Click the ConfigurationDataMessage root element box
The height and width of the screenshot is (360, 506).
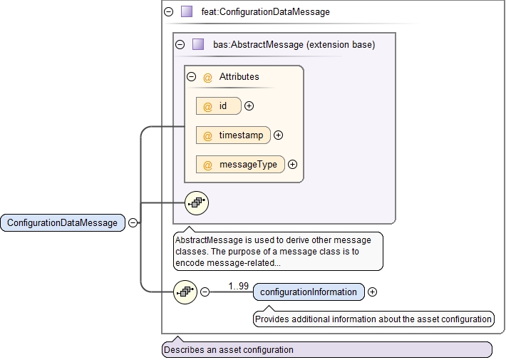click(x=62, y=222)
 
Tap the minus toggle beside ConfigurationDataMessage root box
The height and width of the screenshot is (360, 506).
click(x=133, y=222)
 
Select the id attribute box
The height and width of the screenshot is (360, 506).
click(x=219, y=106)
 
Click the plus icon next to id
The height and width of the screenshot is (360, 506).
click(x=249, y=106)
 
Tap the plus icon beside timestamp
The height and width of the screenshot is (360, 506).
click(x=279, y=135)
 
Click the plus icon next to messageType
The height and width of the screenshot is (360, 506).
click(x=292, y=165)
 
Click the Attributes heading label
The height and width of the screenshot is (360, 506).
click(x=239, y=76)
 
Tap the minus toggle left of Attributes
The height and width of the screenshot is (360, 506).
click(x=191, y=76)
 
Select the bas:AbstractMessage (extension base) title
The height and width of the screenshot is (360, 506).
click(x=294, y=44)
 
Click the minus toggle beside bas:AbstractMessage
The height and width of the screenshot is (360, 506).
click(x=180, y=44)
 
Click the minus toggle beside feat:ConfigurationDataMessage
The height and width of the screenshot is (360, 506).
click(x=168, y=12)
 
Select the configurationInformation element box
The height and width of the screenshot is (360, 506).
click(x=309, y=292)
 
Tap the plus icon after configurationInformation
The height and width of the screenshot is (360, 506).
click(x=373, y=292)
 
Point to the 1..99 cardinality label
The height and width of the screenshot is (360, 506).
click(x=239, y=286)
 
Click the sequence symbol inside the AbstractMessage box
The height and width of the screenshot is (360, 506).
click(x=196, y=203)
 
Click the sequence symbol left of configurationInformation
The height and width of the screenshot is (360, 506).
click(x=185, y=292)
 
